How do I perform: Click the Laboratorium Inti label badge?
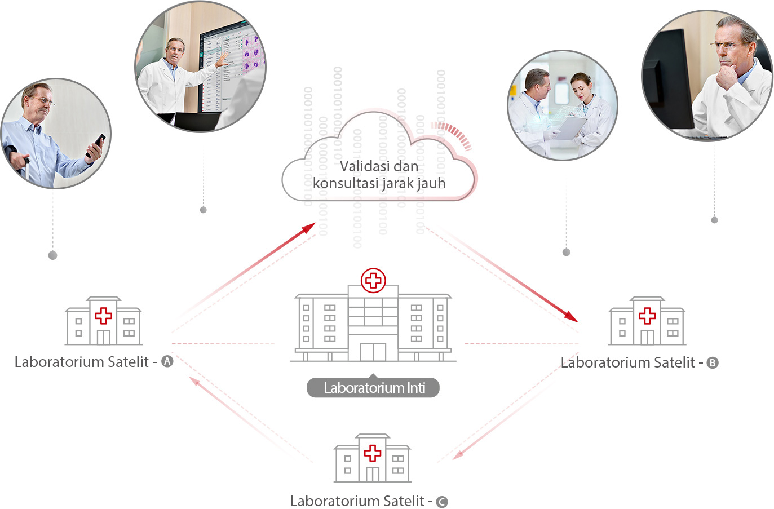coord(373,388)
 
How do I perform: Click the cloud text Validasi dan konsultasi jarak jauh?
coord(379,175)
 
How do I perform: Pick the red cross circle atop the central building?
coord(373,280)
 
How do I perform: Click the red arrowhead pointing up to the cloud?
coord(308,228)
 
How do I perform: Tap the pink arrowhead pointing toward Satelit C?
coord(458,454)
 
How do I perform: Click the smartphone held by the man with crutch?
coord(96,145)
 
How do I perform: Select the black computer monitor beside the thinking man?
coord(669,79)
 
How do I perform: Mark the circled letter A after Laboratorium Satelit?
coord(167,362)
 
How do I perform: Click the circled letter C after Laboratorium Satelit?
coord(442,502)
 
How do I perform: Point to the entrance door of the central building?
coord(373,352)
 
